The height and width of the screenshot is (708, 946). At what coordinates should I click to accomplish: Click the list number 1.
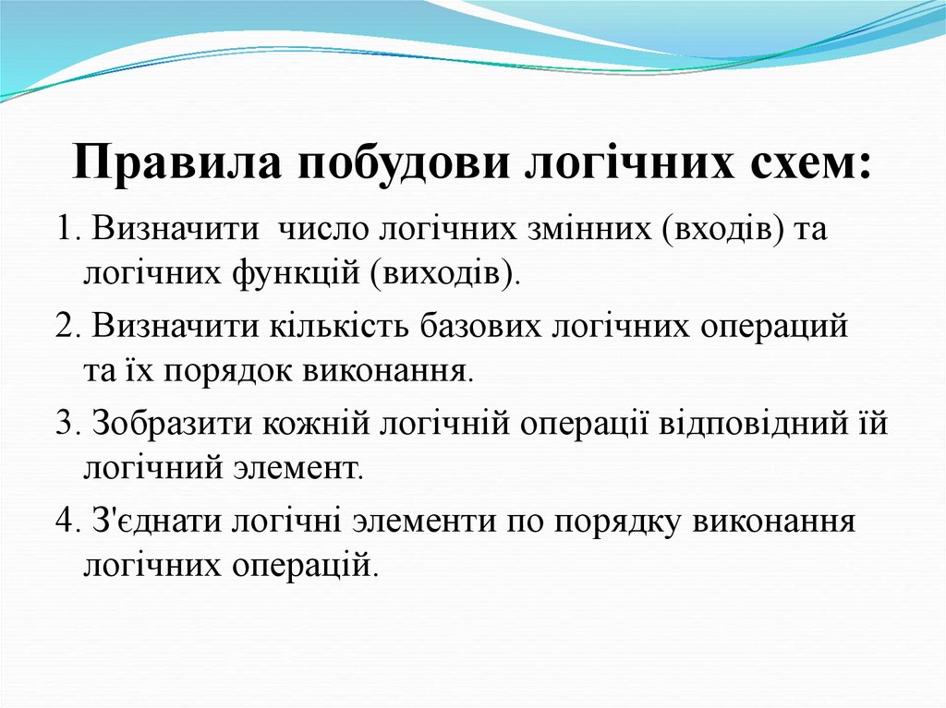(65, 229)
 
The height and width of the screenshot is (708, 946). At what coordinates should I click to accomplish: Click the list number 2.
(65, 326)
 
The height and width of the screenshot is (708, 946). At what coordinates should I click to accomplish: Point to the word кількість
(341, 326)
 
